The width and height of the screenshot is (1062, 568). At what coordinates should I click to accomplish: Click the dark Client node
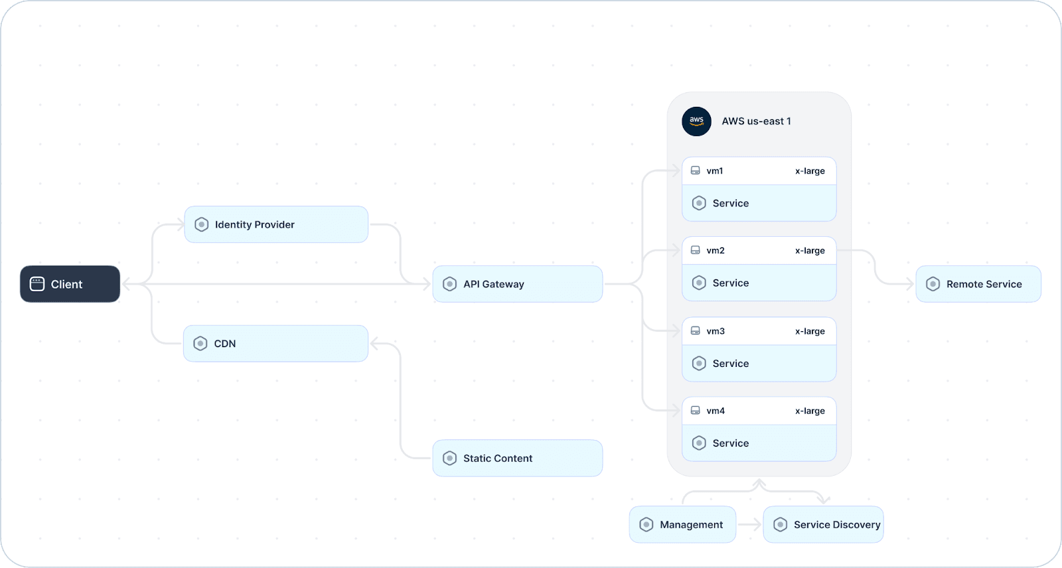[70, 284]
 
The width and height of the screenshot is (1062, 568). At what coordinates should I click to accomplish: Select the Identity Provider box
[276, 224]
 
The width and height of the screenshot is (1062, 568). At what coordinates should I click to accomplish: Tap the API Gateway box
[517, 284]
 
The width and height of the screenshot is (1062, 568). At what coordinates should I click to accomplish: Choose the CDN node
[275, 343]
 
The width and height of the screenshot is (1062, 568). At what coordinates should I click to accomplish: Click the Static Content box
[517, 458]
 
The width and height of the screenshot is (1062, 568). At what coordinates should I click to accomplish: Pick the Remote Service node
[978, 284]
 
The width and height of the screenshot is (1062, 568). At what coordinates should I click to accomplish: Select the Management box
[682, 524]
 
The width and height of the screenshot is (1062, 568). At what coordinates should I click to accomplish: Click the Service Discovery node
[823, 524]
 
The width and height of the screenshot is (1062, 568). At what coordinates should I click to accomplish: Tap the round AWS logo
[696, 121]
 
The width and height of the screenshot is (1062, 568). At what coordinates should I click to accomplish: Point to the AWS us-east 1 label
[756, 121]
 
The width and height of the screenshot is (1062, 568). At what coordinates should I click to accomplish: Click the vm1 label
[714, 171]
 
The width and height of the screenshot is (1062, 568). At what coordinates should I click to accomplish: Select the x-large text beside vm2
[810, 250]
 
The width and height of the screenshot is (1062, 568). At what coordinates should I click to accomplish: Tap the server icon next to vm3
[695, 330]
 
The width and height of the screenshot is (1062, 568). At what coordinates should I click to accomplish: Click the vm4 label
[716, 411]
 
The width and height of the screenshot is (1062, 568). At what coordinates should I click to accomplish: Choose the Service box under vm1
[759, 203]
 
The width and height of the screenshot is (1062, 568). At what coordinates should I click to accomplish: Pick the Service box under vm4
[759, 443]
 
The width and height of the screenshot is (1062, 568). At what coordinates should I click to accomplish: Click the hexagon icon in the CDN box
[200, 343]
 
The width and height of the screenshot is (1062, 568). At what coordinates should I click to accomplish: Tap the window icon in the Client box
[37, 284]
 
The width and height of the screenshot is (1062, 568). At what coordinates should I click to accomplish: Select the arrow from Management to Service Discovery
[749, 524]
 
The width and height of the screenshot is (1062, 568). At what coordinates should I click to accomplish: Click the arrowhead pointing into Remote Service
[910, 284]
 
